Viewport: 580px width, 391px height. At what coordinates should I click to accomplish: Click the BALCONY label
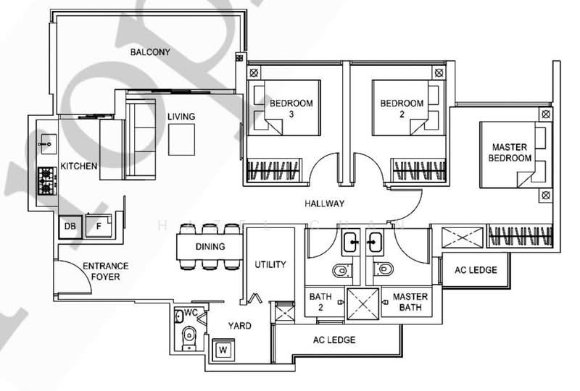point(150,52)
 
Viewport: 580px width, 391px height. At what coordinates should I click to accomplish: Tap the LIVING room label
point(181,117)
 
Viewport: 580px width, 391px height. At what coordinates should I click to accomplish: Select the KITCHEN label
point(79,167)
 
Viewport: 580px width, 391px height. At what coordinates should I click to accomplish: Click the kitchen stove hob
point(48,181)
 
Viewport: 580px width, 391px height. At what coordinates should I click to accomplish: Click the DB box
point(70,227)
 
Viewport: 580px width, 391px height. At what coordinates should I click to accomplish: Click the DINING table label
point(210,247)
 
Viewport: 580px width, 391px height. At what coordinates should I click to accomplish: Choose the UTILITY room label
point(270,265)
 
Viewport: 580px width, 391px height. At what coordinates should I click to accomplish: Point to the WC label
point(191,313)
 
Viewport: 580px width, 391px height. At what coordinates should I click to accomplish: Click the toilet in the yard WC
point(188,335)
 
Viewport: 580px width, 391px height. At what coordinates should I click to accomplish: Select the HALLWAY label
point(325,203)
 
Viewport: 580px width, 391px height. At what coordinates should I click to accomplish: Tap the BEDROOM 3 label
point(291,109)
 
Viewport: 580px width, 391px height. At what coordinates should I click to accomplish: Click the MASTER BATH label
point(410,302)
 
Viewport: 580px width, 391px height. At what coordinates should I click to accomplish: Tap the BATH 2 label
point(320,302)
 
